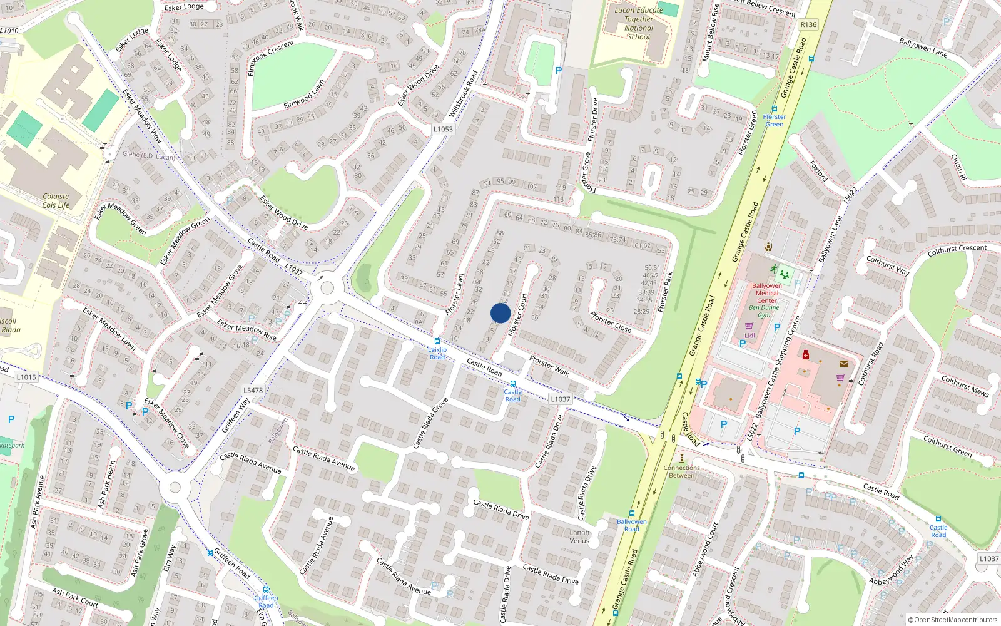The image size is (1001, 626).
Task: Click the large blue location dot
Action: pyautogui.click(x=500, y=313)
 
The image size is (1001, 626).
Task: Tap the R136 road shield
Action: pyautogui.click(x=808, y=24)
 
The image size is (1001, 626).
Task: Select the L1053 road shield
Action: pyautogui.click(x=443, y=129)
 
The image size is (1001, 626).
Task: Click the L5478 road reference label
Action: pyautogui.click(x=253, y=390)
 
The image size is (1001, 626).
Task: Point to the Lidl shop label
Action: pyautogui.click(x=749, y=336)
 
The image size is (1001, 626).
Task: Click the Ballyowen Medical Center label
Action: pyautogui.click(x=767, y=293)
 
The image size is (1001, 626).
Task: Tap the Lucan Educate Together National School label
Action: pyautogui.click(x=638, y=23)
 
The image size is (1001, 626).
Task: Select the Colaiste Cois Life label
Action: pyautogui.click(x=56, y=200)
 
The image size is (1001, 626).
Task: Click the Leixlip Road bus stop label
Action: pyautogui.click(x=437, y=353)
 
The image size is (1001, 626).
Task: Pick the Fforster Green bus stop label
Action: pyautogui.click(x=774, y=120)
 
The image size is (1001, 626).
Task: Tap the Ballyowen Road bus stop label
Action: pyautogui.click(x=631, y=525)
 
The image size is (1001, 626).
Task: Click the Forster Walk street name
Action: pyautogui.click(x=549, y=366)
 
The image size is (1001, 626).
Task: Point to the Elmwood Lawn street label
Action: pyautogui.click(x=304, y=94)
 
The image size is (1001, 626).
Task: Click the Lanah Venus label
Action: pyautogui.click(x=579, y=536)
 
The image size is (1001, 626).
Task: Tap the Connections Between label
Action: pyautogui.click(x=682, y=471)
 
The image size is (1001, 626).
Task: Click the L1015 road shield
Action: pyautogui.click(x=26, y=377)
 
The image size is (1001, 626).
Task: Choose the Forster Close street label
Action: pyautogui.click(x=611, y=322)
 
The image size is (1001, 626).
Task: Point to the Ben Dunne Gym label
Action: pyautogui.click(x=764, y=311)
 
